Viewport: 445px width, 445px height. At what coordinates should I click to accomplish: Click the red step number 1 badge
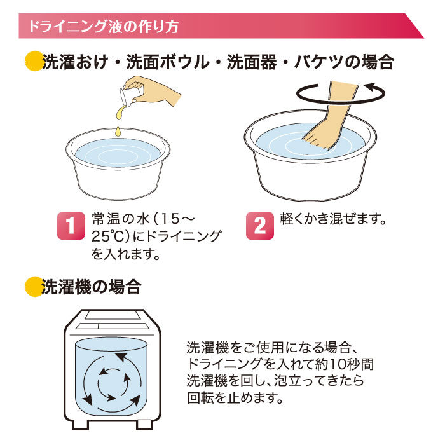tap(71, 226)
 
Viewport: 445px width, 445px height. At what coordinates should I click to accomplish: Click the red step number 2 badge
tap(259, 226)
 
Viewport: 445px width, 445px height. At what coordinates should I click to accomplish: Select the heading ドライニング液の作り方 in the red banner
tap(103, 26)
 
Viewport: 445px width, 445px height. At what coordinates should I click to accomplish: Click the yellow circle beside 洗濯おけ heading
tap(34, 61)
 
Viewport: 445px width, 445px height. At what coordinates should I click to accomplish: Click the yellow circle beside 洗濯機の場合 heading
tap(34, 286)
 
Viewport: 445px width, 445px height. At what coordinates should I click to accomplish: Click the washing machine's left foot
tap(80, 425)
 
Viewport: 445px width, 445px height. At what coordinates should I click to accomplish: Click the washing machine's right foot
tap(145, 425)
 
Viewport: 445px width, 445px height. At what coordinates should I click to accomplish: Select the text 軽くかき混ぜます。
tap(333, 219)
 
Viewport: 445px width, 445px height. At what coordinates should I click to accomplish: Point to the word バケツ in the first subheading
tap(318, 62)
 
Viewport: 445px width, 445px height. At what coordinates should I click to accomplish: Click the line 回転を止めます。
tap(235, 397)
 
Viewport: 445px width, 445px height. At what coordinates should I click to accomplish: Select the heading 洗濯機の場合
tap(92, 287)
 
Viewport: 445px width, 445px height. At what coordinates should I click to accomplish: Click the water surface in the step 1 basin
tap(118, 153)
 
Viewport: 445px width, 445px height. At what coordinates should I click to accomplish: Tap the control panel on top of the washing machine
tap(113, 320)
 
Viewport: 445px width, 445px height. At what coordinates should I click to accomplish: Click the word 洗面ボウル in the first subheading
tap(167, 62)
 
